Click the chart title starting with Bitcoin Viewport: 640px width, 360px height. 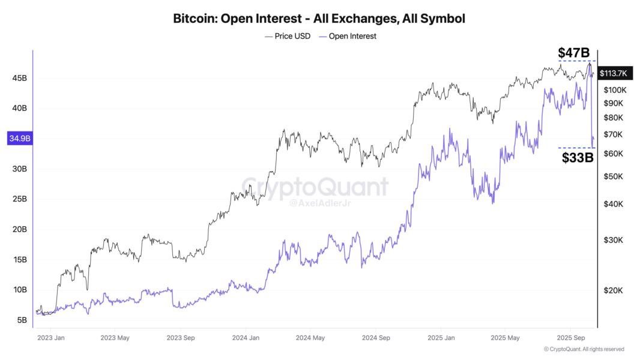(x=319, y=19)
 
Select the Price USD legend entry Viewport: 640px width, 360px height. (x=288, y=36)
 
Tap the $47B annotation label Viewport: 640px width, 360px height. (x=574, y=53)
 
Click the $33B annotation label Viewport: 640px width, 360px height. (x=578, y=158)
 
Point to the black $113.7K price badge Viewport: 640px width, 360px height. (x=614, y=73)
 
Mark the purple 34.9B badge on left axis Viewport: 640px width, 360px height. (x=20, y=139)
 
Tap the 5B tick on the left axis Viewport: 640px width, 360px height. (x=22, y=320)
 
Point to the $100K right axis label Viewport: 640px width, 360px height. (x=615, y=90)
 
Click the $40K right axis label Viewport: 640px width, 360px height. (x=613, y=204)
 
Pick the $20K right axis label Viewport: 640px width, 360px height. (x=613, y=290)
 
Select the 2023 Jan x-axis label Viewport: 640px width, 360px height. (x=51, y=338)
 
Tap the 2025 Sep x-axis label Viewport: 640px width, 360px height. (x=572, y=338)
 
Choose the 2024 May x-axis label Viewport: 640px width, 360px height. (x=310, y=338)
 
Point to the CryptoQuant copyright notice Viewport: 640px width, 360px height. (x=584, y=349)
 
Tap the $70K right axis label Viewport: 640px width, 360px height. (x=613, y=134)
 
